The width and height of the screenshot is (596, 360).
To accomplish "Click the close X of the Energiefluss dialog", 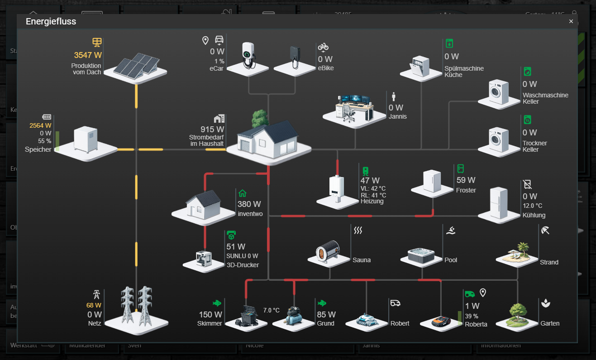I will pyautogui.click(x=571, y=21).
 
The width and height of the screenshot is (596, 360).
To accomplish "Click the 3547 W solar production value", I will pyautogui.click(x=88, y=55).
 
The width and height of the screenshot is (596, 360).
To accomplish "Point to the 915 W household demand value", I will pyautogui.click(x=212, y=130).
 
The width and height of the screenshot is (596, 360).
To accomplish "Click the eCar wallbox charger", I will pyautogui.click(x=248, y=55).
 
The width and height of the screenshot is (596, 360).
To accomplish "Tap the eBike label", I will pyautogui.click(x=326, y=68).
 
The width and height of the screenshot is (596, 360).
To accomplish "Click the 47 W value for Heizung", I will pyautogui.click(x=370, y=181).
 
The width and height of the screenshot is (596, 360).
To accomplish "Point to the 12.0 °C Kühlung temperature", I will pyautogui.click(x=532, y=206).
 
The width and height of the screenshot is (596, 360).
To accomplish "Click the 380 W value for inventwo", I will pyautogui.click(x=249, y=204).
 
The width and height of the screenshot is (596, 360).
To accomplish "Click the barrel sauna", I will pyautogui.click(x=329, y=251).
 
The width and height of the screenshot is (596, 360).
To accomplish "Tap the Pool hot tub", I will pyautogui.click(x=421, y=255).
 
